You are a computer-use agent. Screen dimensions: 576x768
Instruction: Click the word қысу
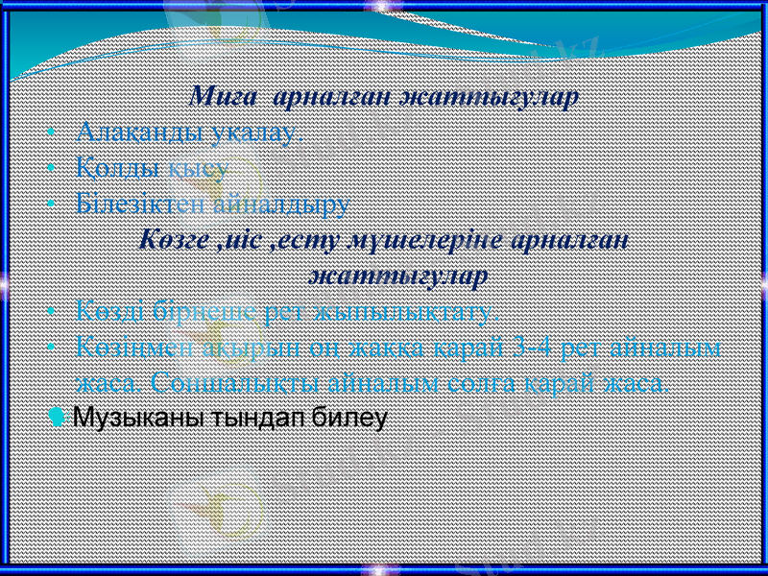(x=198, y=169)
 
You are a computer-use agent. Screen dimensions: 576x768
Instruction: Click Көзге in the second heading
(x=175, y=239)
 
